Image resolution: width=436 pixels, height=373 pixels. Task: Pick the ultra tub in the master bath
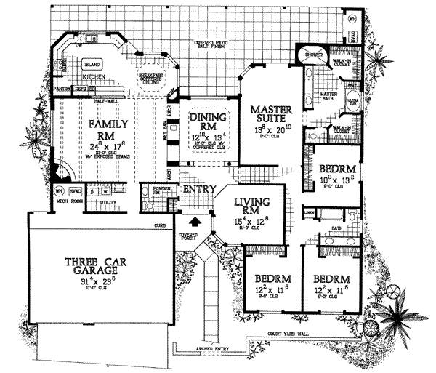(351, 101)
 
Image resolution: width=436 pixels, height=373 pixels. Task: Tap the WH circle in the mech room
(60, 193)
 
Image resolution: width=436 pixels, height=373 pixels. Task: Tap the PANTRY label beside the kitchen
(61, 89)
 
